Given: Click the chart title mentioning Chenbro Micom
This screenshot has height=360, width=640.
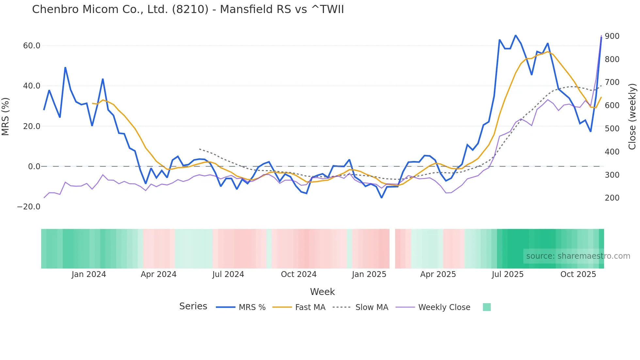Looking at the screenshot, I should pos(188,9).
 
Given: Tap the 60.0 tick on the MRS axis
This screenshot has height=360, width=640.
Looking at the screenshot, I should pos(32,46).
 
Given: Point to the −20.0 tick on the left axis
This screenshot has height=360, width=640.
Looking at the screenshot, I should pos(29,207).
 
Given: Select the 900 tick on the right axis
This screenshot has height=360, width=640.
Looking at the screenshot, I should pos(612,36).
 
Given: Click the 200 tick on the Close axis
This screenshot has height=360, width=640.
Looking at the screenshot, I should pos(612,198).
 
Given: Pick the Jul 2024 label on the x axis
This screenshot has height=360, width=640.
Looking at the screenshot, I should pos(228,274).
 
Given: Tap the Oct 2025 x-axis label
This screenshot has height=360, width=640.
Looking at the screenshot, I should pos(578,274).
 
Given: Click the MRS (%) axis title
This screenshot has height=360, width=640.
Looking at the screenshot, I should pos(6,117).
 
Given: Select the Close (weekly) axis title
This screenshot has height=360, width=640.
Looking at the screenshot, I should pos(632,117).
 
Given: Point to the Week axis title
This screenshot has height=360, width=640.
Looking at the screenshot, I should pos(322,292).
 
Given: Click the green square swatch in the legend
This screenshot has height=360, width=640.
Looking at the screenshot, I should pos(487,307).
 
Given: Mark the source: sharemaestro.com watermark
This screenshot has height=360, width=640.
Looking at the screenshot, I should pos(578,256).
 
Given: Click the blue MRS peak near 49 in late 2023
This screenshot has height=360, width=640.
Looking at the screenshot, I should pos(65,68).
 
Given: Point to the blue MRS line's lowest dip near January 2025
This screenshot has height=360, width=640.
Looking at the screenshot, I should pos(381,198).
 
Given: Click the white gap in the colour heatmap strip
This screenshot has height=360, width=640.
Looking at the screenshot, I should pos(392,249).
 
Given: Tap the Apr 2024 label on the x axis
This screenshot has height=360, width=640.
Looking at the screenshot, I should pos(158,274).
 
